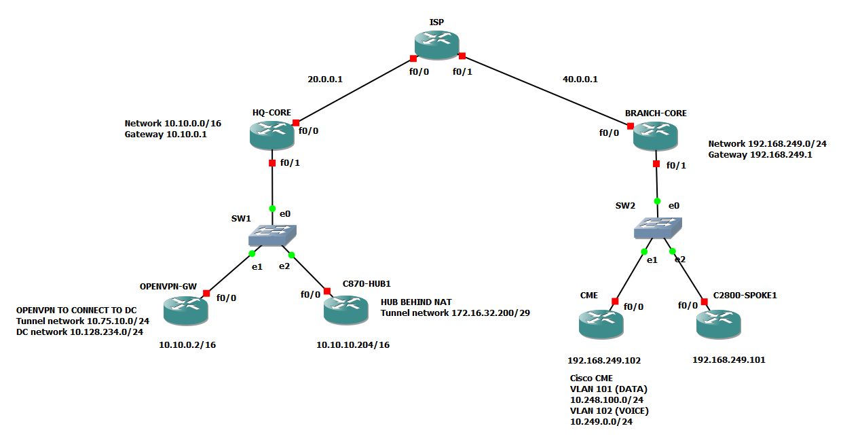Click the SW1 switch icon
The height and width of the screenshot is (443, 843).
[x=272, y=235]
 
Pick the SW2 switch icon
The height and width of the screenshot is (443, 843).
[x=658, y=228]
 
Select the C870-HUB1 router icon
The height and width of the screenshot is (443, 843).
[x=346, y=310]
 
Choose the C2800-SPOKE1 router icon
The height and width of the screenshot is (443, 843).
[x=719, y=323]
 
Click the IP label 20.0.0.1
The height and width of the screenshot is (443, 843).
[x=324, y=79]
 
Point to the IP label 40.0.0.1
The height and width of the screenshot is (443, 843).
[x=580, y=79]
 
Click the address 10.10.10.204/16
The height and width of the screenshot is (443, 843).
[x=353, y=345]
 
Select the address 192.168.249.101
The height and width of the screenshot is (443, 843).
[x=728, y=360]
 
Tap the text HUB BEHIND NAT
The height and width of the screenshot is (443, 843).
[x=415, y=302]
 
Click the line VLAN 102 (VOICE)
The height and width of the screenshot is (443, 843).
[x=608, y=411]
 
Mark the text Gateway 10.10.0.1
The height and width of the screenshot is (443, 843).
[x=166, y=135]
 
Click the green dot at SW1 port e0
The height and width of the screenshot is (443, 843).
[x=272, y=209]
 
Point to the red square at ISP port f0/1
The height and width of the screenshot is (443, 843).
[x=462, y=56]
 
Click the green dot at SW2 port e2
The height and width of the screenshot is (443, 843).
[x=673, y=251]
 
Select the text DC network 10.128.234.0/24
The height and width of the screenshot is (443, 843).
[x=79, y=332]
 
